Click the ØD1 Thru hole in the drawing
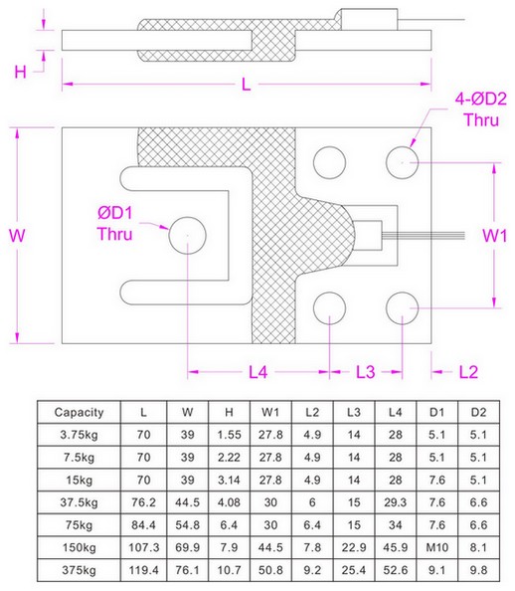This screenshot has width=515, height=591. click(187, 235)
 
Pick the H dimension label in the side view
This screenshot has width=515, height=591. click(20, 71)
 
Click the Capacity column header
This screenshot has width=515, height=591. click(79, 411)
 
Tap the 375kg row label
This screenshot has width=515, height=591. click(79, 571)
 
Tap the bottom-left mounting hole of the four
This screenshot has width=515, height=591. click(328, 309)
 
